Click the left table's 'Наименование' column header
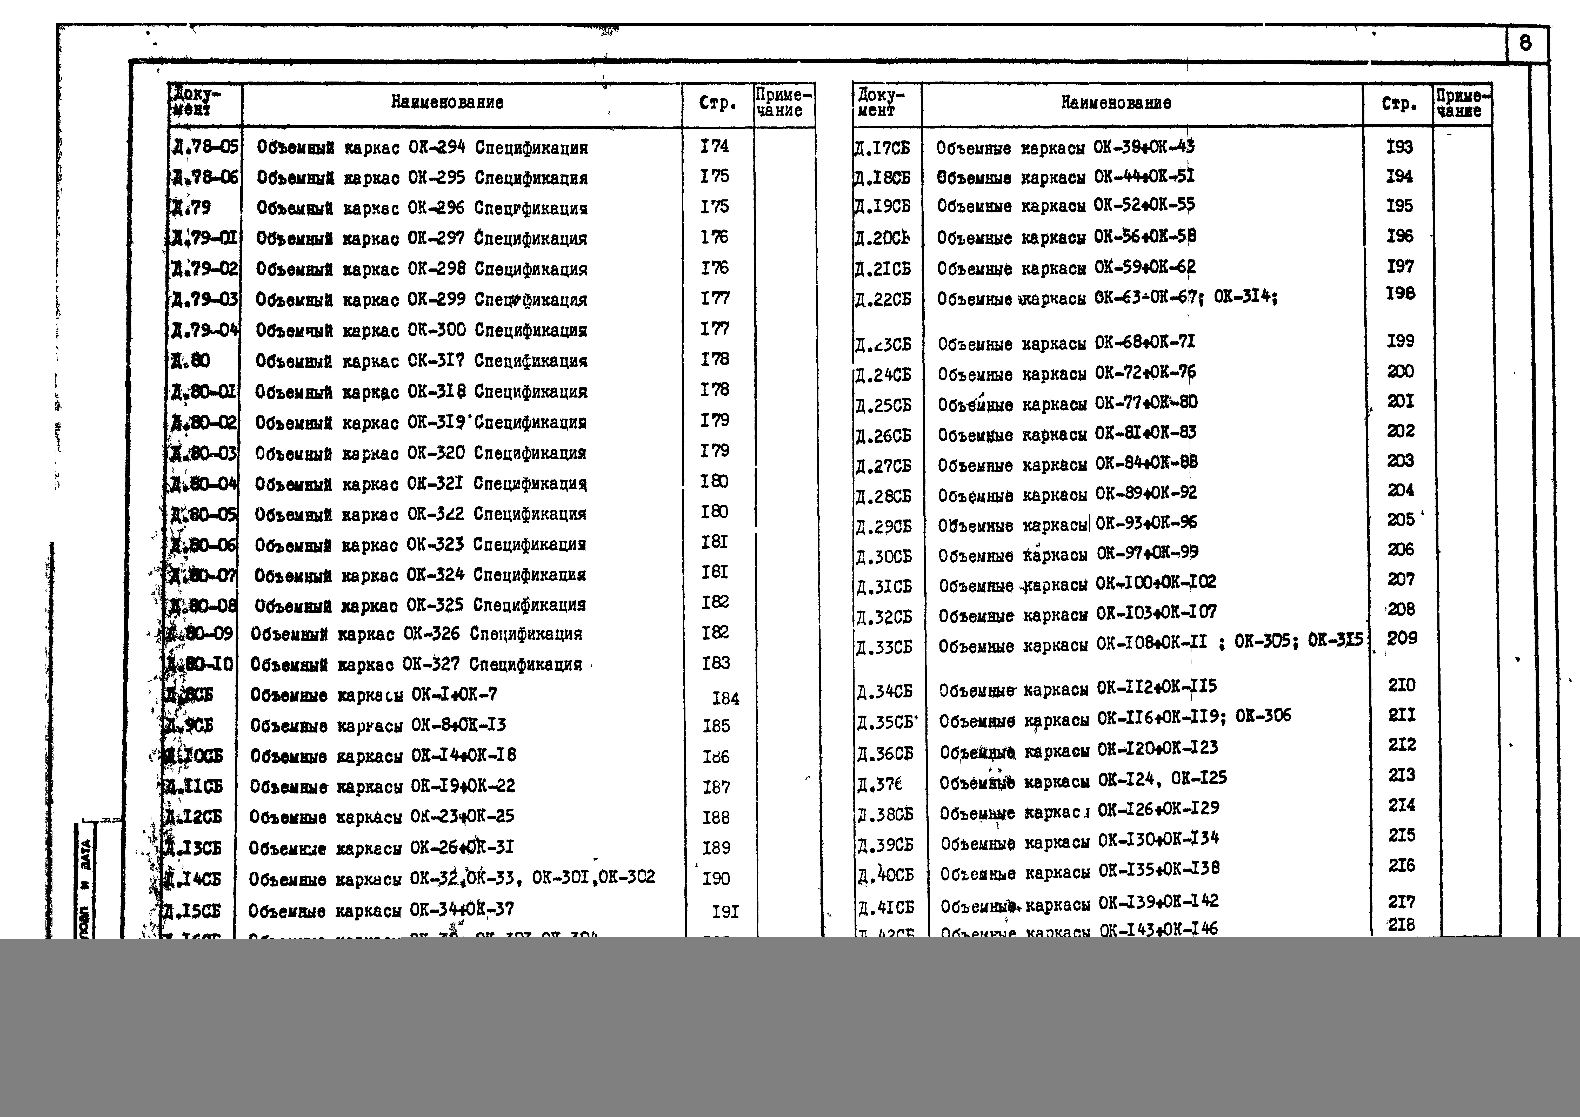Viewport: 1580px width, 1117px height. [447, 103]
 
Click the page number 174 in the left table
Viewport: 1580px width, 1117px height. [714, 146]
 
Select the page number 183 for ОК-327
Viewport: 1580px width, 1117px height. [716, 663]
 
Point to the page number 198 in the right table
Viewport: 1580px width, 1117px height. [1401, 294]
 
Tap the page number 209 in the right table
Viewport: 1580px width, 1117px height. [1402, 638]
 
